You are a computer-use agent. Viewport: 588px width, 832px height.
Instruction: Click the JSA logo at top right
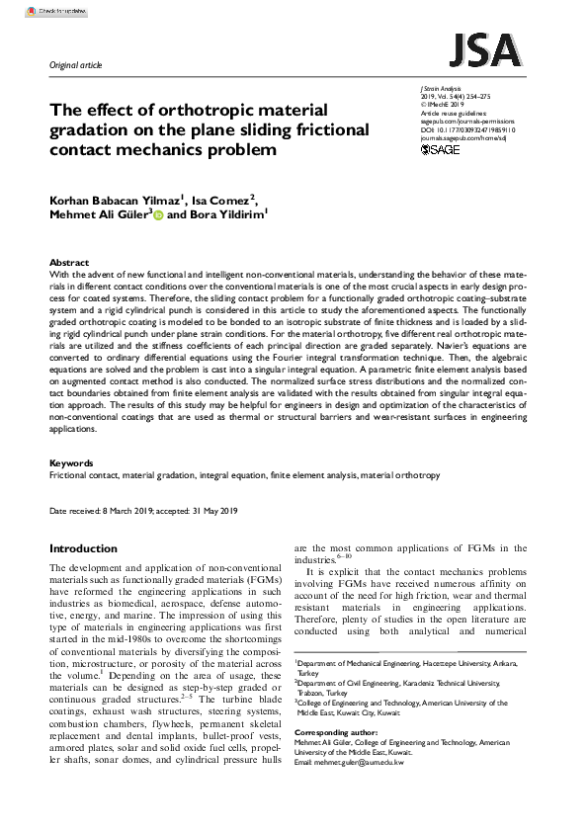pos(485,49)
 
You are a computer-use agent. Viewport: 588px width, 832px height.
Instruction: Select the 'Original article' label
pos(76,65)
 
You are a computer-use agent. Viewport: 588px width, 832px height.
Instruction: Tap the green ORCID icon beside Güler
pos(158,214)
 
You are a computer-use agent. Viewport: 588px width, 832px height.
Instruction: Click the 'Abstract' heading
pos(69,263)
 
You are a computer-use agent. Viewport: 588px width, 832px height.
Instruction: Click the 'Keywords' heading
pos(71,462)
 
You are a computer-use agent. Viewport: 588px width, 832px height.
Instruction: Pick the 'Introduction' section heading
pos(83,548)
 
